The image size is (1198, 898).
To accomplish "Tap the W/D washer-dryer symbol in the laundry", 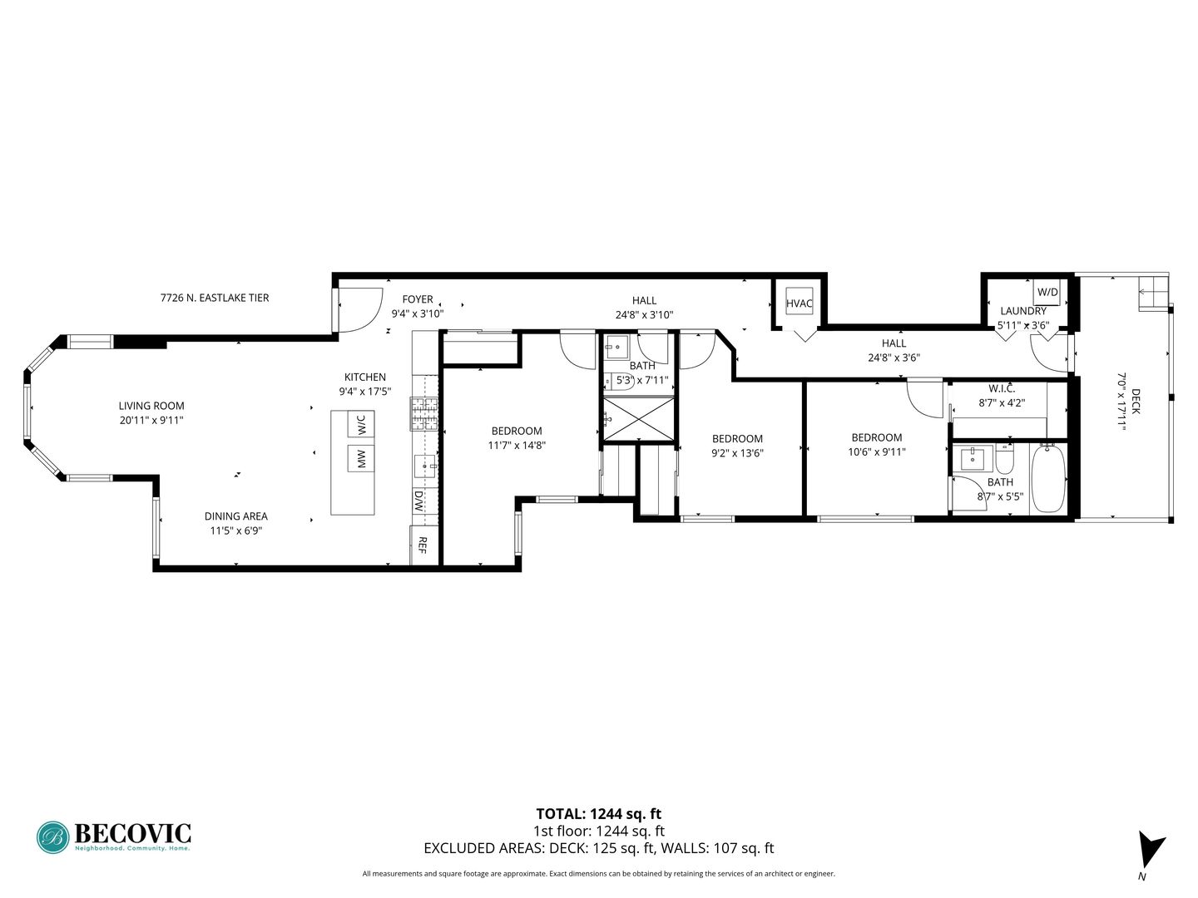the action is click(x=1047, y=292).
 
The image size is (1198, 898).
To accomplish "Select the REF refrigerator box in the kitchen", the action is click(x=423, y=545).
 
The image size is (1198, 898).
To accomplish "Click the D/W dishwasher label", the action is click(x=418, y=501).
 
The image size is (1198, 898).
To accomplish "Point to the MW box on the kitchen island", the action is click(x=361, y=458).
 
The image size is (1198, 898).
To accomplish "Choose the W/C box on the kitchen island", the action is click(x=361, y=424).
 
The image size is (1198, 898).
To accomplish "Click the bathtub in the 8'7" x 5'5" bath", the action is click(x=1048, y=478).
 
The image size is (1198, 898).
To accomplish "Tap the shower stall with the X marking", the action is click(x=638, y=418).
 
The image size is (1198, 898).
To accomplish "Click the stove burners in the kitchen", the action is click(x=424, y=414).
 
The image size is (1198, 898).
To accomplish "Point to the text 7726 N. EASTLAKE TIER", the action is click(x=215, y=298).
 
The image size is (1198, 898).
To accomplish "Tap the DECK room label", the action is click(x=1136, y=401).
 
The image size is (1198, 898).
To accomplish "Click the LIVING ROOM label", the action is click(x=151, y=406).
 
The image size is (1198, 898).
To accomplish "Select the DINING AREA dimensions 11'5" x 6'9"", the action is click(x=236, y=530).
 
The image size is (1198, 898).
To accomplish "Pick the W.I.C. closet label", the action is click(x=1002, y=389).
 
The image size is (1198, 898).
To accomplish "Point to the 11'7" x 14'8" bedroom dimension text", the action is click(x=517, y=445).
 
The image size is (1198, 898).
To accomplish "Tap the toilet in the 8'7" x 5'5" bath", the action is click(x=1003, y=458).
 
